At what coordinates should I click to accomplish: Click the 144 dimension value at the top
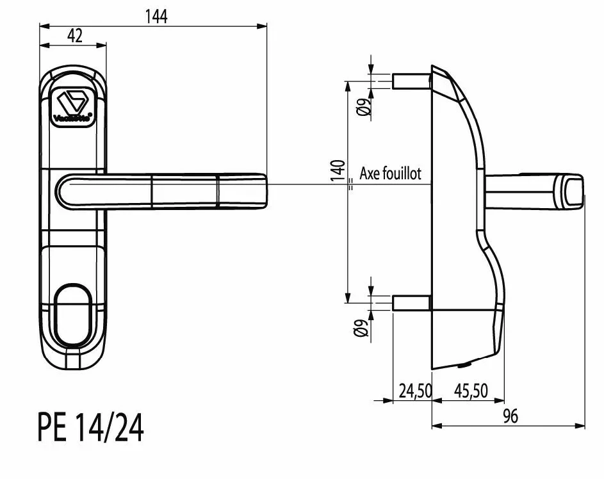click(154, 17)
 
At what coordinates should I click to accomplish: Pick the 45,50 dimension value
click(471, 391)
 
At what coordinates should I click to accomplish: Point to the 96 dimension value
click(510, 416)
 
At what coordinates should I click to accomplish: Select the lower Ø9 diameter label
click(363, 327)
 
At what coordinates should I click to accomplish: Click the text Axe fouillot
click(391, 174)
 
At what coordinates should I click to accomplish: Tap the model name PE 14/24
click(90, 428)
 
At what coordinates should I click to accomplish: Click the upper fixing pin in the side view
click(411, 81)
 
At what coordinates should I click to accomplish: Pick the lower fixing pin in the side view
click(411, 302)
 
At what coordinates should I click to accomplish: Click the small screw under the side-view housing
click(463, 366)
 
